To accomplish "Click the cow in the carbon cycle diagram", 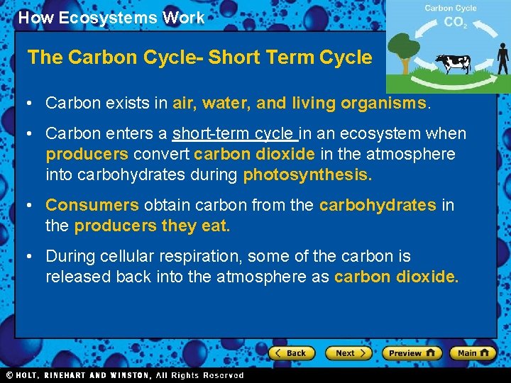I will (452, 64).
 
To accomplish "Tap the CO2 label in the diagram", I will (454, 23).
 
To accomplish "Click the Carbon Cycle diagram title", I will (451, 9).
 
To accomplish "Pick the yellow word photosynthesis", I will (307, 175).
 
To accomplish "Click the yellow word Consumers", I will (92, 206).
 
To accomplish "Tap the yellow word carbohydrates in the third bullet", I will (378, 206).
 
